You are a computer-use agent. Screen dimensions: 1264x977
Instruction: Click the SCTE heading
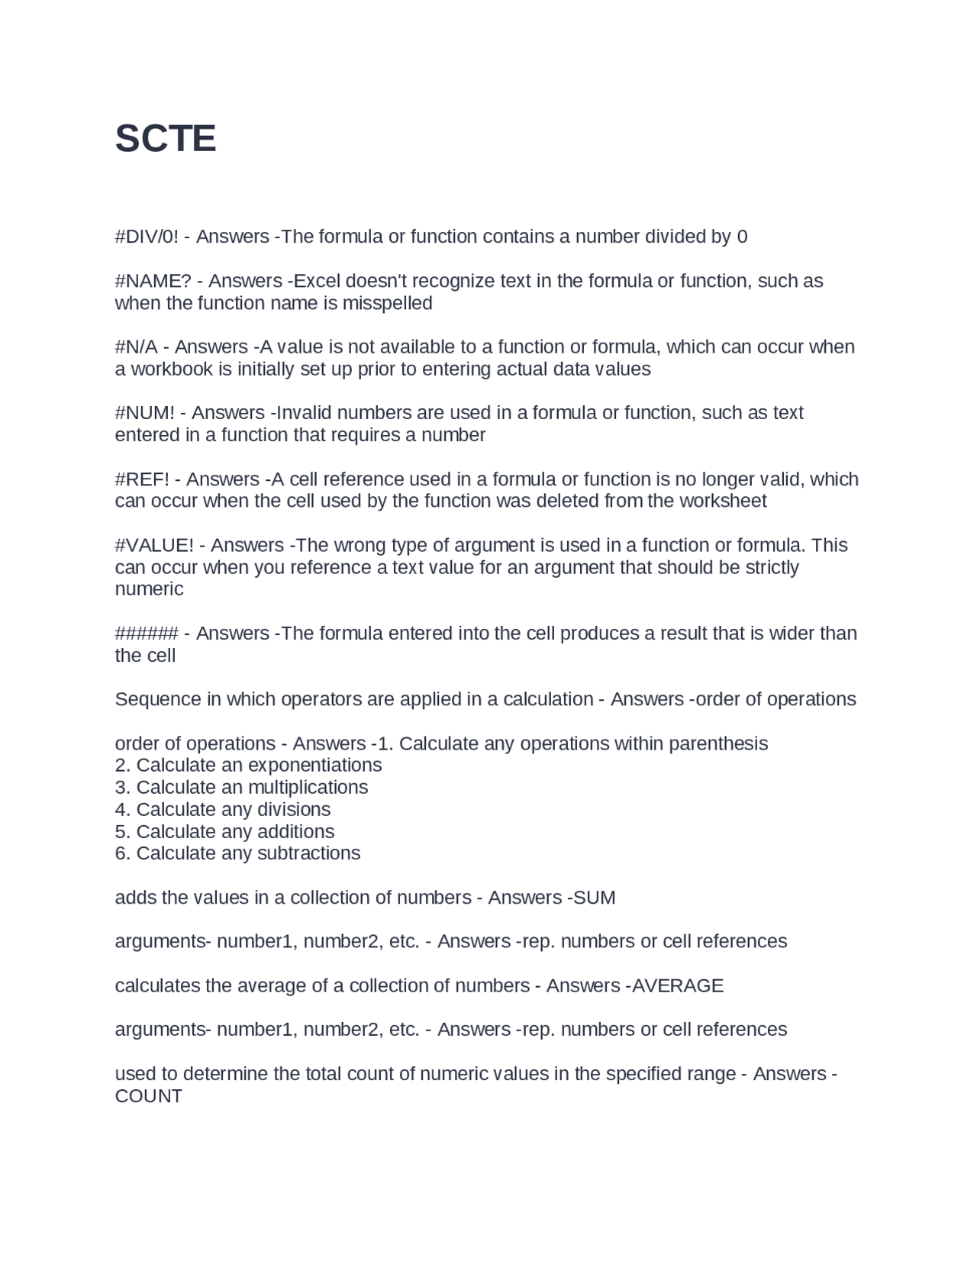coord(166,139)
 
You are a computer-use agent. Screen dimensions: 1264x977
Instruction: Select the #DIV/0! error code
coord(147,237)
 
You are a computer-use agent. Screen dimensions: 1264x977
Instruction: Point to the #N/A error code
coord(137,347)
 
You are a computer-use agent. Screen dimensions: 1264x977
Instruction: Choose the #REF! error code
coord(143,479)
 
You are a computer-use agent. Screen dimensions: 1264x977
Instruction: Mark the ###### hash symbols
coord(147,634)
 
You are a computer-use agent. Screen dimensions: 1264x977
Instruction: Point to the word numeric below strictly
coord(149,589)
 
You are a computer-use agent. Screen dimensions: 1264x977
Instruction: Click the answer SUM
coord(594,898)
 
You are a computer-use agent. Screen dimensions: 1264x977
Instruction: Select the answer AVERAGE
coord(678,986)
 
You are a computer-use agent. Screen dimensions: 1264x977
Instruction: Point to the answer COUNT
coord(149,1096)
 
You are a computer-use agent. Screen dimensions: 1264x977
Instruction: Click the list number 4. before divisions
coord(122,809)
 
